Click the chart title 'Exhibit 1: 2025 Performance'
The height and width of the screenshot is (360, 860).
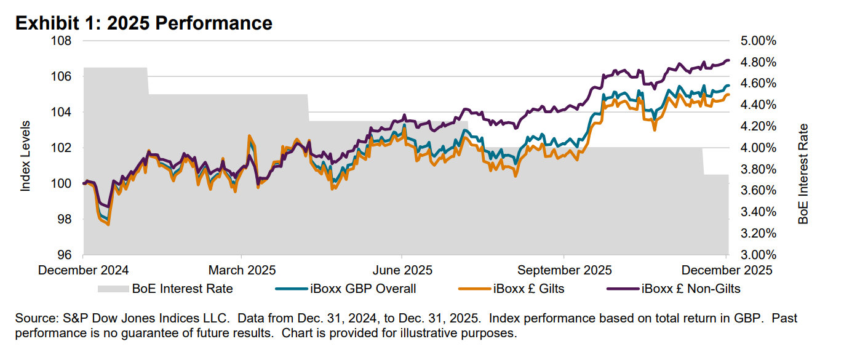143,23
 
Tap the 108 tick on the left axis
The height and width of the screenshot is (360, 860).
63,41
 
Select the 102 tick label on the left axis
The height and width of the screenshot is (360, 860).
63,148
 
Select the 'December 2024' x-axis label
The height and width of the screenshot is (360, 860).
84,270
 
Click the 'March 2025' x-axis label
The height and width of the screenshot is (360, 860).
242,270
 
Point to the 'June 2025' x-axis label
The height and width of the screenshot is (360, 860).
402,270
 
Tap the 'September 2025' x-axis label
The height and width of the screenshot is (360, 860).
564,270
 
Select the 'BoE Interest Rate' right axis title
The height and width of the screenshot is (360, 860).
803,174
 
